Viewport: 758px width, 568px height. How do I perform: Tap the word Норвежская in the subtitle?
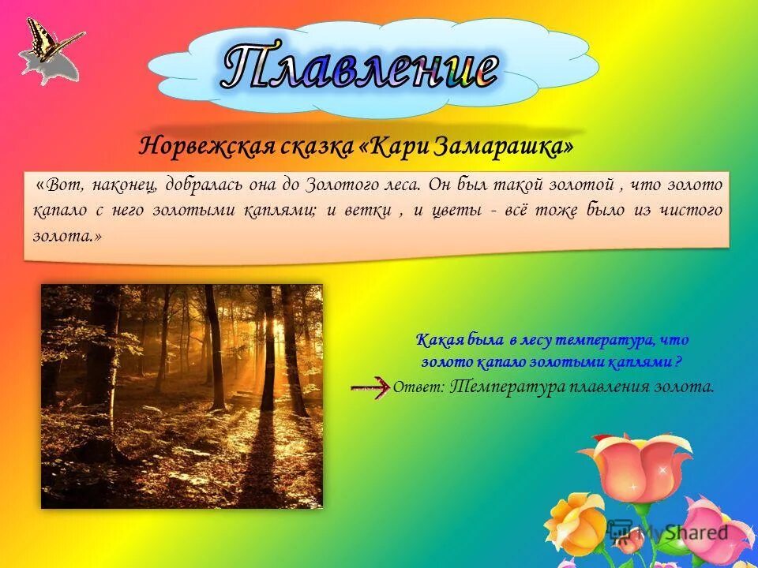click(206, 145)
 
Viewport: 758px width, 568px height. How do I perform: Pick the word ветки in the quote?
click(369, 211)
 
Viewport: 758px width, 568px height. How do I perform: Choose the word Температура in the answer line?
click(508, 387)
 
